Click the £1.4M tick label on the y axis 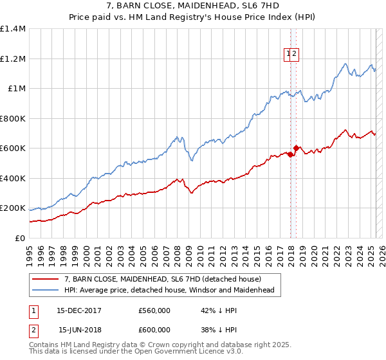click(13, 29)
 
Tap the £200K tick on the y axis click(13, 208)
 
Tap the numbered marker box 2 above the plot click(294, 55)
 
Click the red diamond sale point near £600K click(295, 148)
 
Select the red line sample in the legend click(46, 280)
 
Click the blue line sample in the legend click(46, 291)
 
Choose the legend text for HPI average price click(169, 291)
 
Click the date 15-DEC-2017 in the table click(79, 310)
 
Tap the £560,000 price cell click(154, 310)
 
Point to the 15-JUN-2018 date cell click(80, 329)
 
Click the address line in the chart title click(192, 7)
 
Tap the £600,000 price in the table click(154, 329)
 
